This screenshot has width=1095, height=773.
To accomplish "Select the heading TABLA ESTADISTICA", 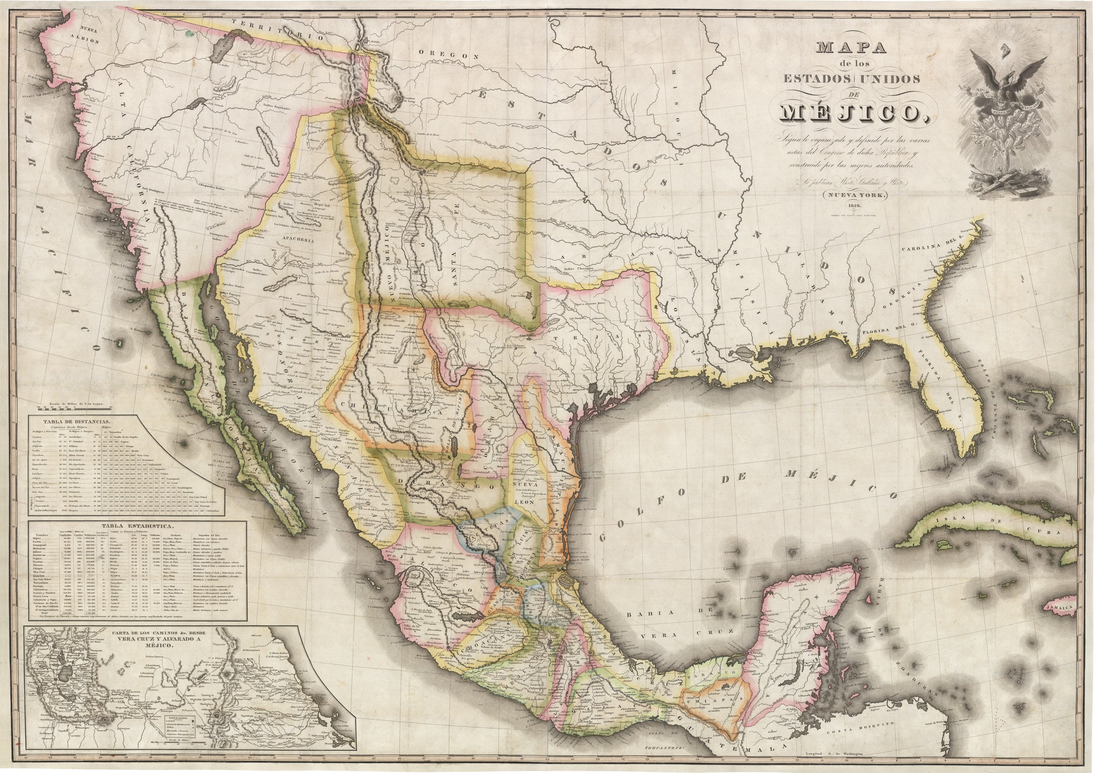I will click(x=138, y=526).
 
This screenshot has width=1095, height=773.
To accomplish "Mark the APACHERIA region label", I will click(x=299, y=241).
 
